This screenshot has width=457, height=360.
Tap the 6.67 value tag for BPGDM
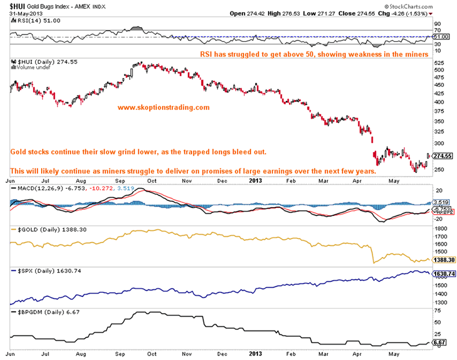[439, 343]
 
